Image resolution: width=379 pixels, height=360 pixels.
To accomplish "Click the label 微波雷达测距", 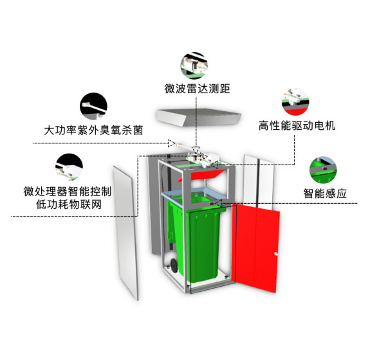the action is (197, 89).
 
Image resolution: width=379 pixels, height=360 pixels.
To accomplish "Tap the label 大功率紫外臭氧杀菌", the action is (93, 130).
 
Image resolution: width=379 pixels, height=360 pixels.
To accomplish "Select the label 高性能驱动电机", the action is (297, 125).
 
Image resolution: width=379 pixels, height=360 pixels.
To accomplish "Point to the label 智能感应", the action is (325, 194).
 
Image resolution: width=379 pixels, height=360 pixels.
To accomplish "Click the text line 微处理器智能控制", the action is (68, 192).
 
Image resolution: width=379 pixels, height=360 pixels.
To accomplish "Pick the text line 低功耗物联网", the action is (69, 204).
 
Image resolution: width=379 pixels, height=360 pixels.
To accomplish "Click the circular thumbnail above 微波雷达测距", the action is (194, 66).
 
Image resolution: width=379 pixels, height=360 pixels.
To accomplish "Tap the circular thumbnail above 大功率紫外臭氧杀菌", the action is (93, 106).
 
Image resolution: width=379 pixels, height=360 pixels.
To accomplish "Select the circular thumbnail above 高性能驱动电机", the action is (295, 102).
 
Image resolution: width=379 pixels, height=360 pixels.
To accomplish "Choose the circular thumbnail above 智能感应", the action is (323, 170).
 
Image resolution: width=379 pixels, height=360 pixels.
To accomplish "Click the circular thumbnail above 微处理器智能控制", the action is (69, 167).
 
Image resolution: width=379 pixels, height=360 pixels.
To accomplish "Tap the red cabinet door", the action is (255, 248).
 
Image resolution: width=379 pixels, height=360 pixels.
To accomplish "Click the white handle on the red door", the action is (276, 254).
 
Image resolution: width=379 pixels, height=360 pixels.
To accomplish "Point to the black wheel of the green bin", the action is (174, 265).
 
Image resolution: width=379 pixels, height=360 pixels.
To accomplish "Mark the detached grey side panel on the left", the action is (125, 233).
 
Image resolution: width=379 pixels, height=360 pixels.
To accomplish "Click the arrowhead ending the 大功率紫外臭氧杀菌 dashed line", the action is (172, 143).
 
